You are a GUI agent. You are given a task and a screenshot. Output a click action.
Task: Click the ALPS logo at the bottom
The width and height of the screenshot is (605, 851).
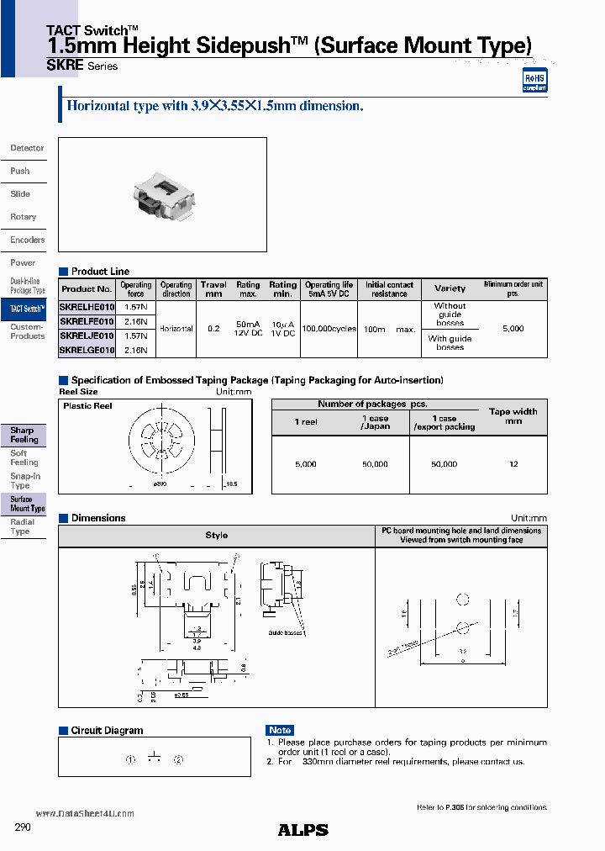coord(302,830)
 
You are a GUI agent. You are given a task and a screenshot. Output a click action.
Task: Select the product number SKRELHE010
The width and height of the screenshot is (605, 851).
coord(87,309)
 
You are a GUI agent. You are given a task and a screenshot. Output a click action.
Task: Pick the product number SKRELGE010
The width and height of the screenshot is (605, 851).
coord(87,349)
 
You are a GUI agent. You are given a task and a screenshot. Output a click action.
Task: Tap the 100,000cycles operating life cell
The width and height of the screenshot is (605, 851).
coord(329,329)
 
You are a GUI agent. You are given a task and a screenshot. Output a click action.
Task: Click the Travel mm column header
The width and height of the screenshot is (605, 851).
coord(213,289)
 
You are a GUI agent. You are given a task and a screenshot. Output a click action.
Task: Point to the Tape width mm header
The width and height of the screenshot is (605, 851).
coord(513,416)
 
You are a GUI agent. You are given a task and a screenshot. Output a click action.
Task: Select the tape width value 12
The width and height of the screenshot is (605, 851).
coord(513,464)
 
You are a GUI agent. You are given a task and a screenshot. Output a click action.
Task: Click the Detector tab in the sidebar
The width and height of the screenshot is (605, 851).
coord(27,148)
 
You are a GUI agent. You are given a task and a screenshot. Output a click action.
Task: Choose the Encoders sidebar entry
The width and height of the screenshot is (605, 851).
coord(27,240)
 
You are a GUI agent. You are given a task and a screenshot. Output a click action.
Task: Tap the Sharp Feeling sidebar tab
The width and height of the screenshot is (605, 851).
coord(24,435)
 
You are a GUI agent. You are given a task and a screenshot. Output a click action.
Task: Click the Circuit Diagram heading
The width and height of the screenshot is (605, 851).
coord(107,731)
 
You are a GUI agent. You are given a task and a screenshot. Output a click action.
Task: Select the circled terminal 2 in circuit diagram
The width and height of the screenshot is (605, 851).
coord(178,759)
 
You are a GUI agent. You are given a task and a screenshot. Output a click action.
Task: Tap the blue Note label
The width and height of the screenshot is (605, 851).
coord(280,730)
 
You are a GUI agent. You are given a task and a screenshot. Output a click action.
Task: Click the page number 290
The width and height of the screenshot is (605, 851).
coord(23,827)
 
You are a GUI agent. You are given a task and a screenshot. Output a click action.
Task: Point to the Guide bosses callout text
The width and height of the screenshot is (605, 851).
coord(285,632)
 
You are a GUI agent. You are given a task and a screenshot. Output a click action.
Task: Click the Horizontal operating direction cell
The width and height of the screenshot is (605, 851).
coord(176,329)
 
